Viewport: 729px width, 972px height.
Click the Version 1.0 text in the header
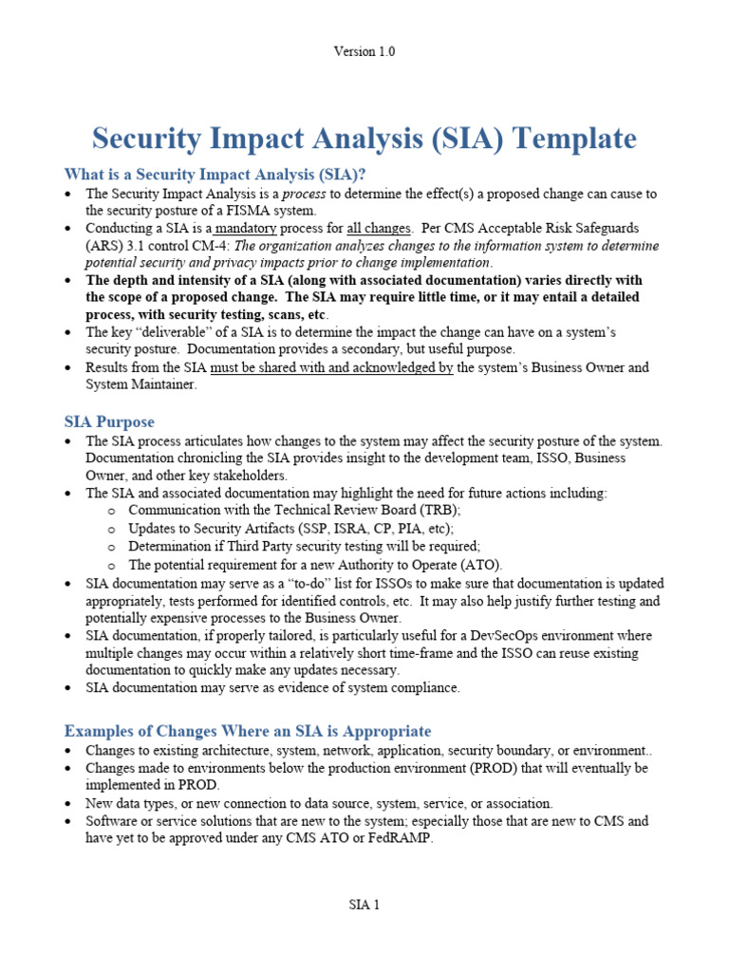click(x=364, y=52)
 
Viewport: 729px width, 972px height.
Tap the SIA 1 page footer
click(x=364, y=905)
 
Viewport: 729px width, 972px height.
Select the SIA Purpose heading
click(x=109, y=421)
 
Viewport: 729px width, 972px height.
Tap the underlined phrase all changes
click(x=379, y=229)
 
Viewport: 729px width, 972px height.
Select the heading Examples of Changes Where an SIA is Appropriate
click(x=247, y=731)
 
